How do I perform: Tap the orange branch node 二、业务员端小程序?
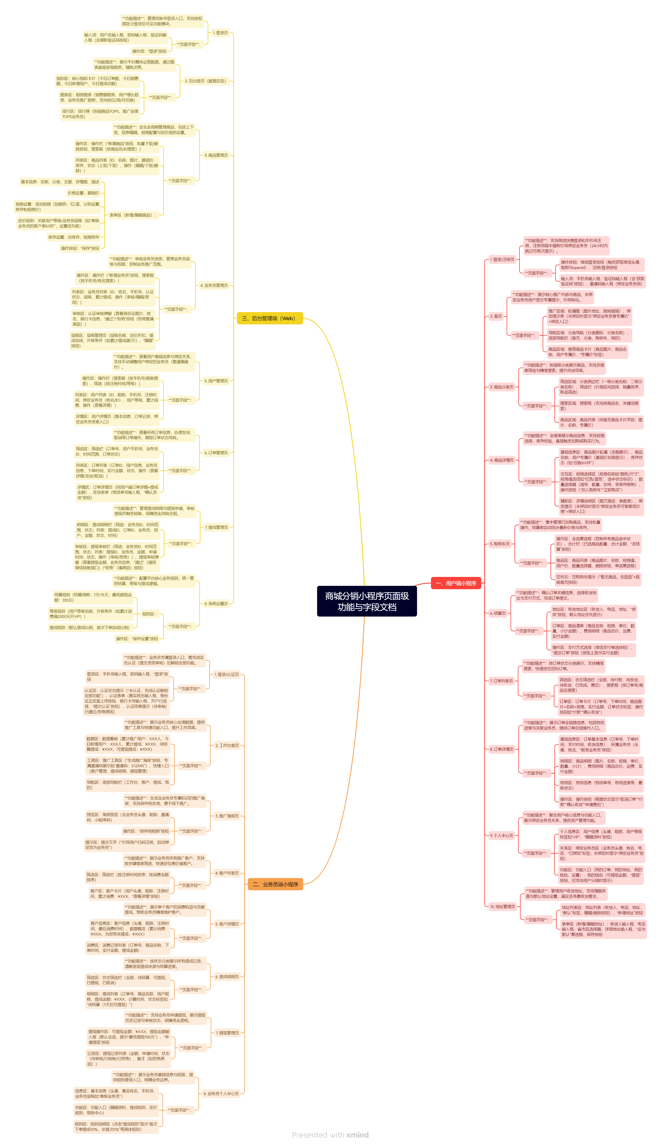275,884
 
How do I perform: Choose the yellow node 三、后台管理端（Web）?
270,318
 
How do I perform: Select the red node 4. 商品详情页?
502,460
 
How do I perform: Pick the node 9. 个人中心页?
501,835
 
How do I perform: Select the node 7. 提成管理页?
216,527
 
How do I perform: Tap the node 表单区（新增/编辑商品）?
132,215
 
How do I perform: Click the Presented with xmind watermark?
330,1135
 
